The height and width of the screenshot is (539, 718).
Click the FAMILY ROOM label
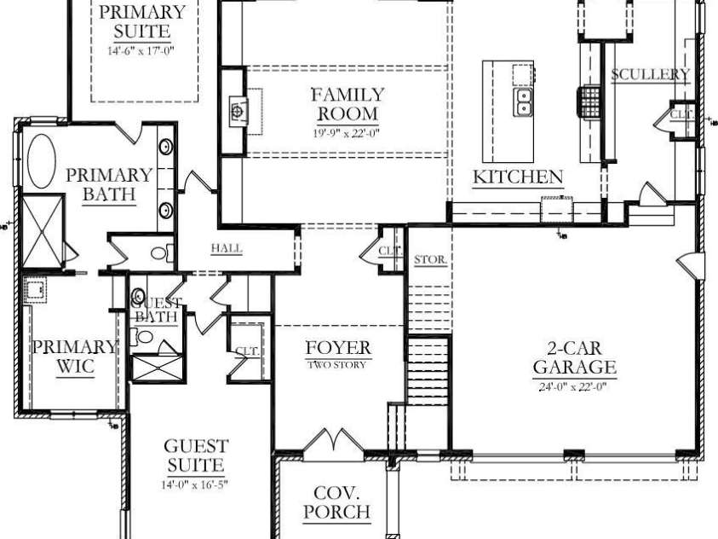[x=347, y=104]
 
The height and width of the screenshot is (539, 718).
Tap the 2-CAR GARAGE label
[x=575, y=358]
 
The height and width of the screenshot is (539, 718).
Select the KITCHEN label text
[x=518, y=177]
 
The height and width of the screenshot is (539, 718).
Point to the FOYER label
[x=338, y=348]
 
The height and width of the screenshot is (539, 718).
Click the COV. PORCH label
[x=336, y=502]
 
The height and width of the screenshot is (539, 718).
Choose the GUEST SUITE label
[x=196, y=456]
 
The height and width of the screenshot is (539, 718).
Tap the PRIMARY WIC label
[x=74, y=356]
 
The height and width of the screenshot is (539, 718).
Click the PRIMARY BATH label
[x=109, y=184]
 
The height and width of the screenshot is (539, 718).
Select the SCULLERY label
[x=650, y=74]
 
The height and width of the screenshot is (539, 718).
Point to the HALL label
[x=227, y=249]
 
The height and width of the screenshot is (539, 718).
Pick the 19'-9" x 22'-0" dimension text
[x=346, y=132]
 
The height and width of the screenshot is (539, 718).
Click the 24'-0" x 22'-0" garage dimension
[x=575, y=385]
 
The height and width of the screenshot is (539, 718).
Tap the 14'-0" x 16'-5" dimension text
[x=196, y=485]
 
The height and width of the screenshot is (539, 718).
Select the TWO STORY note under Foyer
[x=338, y=365]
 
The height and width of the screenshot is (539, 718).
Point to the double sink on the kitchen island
[x=521, y=103]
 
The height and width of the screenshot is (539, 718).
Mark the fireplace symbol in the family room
[x=237, y=110]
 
